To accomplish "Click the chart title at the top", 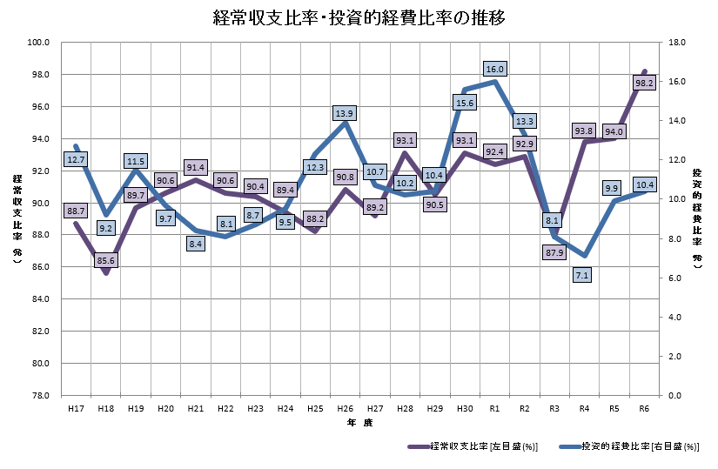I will point(359,18).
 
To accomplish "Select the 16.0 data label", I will point(494,69).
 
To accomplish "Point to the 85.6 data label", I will point(106,259).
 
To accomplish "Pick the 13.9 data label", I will point(345,113).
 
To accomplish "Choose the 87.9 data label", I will point(554,252).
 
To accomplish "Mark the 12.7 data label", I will point(76,160).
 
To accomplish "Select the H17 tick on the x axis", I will point(76,407).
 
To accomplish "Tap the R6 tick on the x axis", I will point(645,407).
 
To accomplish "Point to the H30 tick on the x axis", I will point(465,407).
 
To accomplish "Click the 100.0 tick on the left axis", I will point(40,42).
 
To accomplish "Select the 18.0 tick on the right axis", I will point(677,42).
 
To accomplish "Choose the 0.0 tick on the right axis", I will point(675,396).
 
